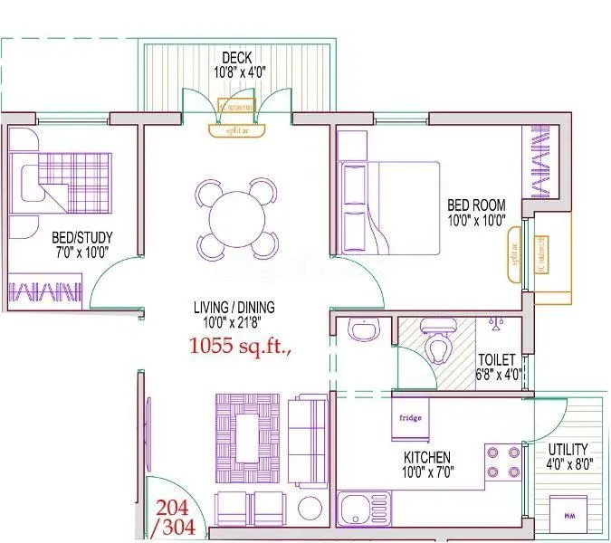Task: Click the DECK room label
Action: [236, 58]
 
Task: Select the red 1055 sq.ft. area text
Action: [239, 345]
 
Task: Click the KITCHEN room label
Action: [428, 458]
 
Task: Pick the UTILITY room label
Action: [568, 449]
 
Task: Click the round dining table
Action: [235, 217]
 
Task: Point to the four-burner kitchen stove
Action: [503, 461]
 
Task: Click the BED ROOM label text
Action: [476, 205]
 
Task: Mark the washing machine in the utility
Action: [568, 517]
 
